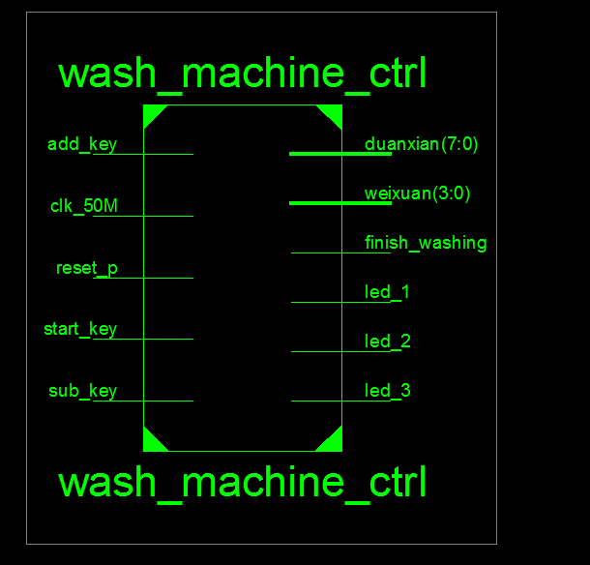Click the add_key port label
82,145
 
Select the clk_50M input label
83,206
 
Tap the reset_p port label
87,268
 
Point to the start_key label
80,329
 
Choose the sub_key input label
83,391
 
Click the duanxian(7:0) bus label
422,145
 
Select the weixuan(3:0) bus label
418,193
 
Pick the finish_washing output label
426,243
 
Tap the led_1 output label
388,292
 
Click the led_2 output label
388,342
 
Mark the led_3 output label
388,391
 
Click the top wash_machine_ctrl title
242,74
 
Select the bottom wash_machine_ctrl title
242,483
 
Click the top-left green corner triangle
152,113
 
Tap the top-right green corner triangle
333,113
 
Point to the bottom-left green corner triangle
152,442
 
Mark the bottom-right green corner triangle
333,442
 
